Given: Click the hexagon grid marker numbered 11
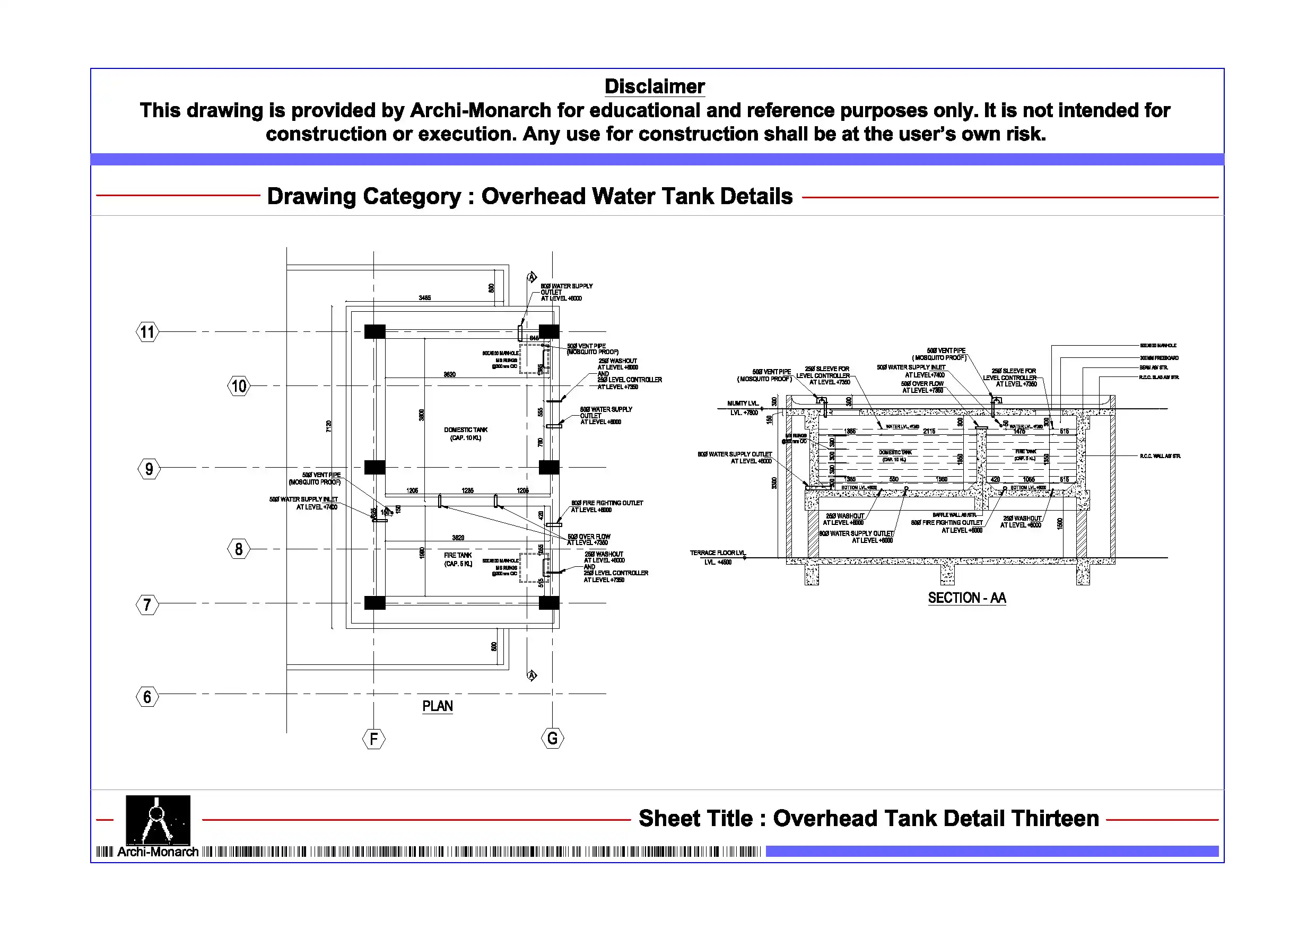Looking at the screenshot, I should tap(147, 332).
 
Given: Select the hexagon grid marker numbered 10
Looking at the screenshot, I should tap(239, 386).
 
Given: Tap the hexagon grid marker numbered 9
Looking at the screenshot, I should tap(149, 469).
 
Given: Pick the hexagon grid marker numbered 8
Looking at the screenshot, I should tap(239, 549).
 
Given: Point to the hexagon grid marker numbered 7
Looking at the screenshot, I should tap(147, 604).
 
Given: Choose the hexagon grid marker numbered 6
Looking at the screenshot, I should tap(147, 697).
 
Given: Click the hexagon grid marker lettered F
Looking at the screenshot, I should tap(374, 739).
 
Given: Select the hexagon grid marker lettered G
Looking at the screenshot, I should tap(552, 738).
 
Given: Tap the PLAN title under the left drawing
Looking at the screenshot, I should tap(437, 706).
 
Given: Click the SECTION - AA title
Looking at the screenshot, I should tap(967, 598).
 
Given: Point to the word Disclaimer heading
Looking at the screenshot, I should tap(655, 86).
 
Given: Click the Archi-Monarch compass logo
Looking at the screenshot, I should tap(158, 820).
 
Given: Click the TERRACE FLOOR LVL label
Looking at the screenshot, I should tap(717, 553).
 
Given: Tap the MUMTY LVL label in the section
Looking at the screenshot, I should tap(742, 403).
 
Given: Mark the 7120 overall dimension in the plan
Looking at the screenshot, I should tap(328, 426).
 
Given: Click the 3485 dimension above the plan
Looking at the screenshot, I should tap(424, 298).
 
